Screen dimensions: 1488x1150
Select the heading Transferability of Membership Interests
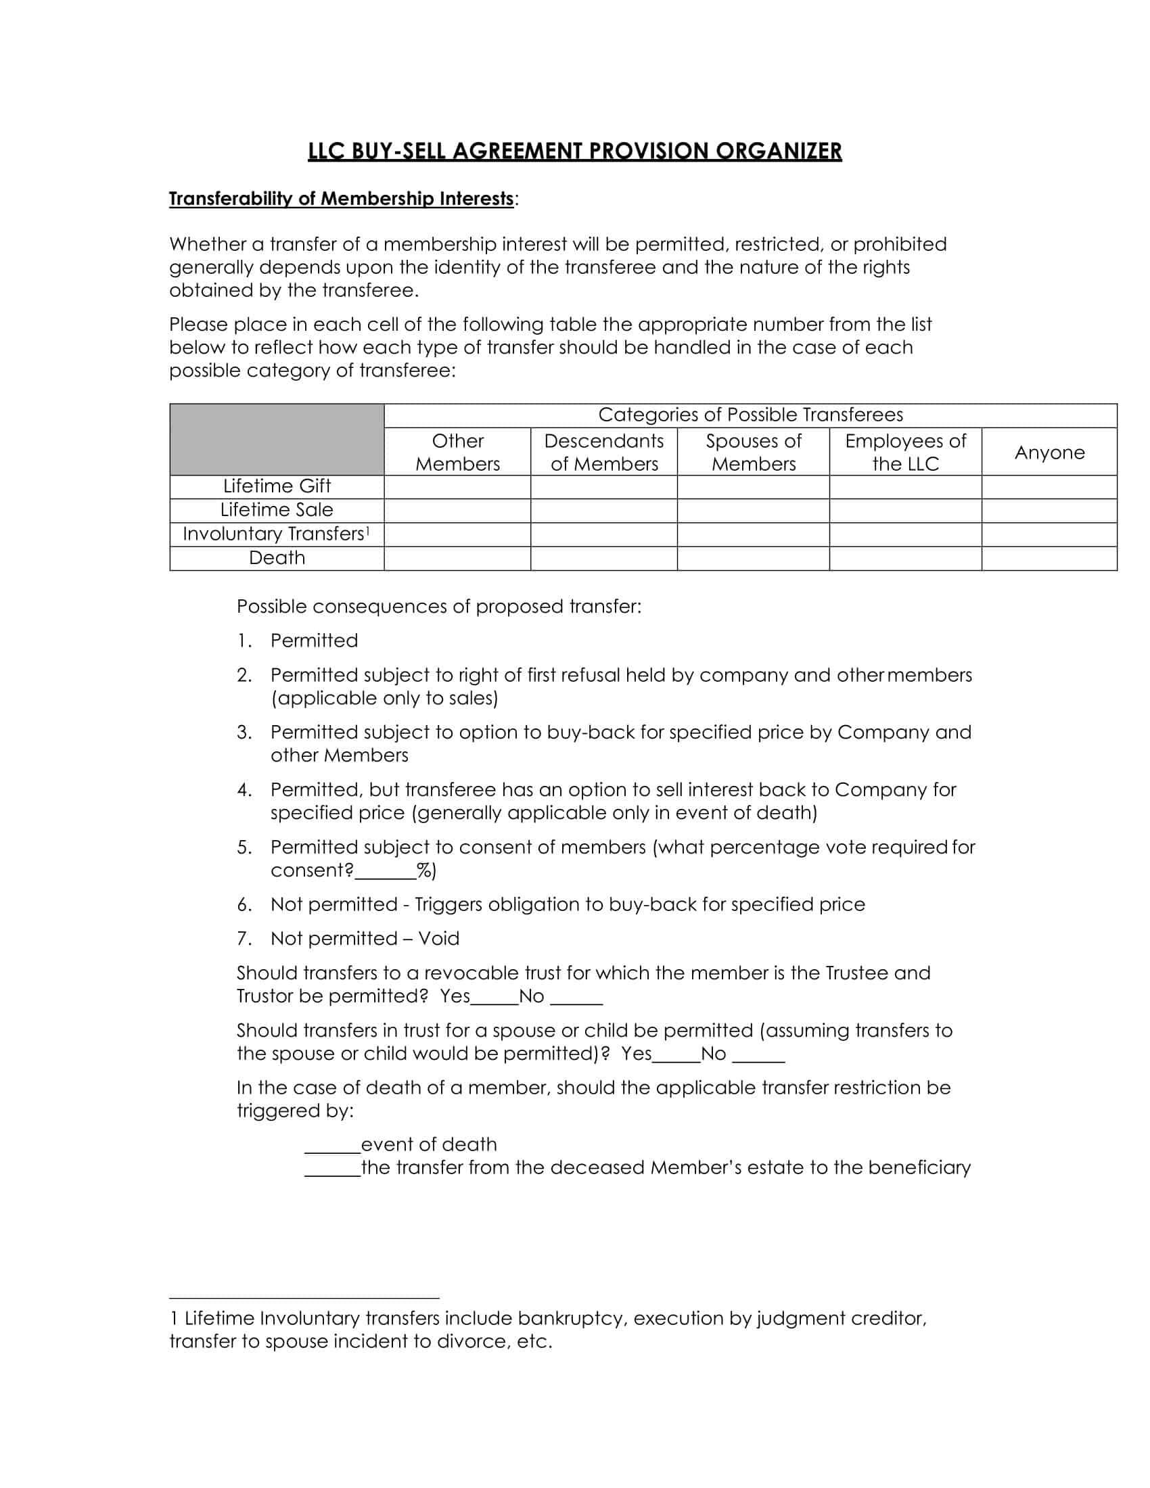[342, 198]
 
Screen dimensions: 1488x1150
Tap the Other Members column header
[457, 452]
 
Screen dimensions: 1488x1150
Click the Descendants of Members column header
[603, 452]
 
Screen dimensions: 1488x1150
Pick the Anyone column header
[1049, 452]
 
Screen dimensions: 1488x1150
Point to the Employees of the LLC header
[905, 452]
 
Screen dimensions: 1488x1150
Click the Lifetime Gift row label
[277, 486]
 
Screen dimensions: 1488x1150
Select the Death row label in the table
[277, 558]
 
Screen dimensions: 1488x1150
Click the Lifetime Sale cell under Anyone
[1049, 510]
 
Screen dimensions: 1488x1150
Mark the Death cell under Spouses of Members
[753, 558]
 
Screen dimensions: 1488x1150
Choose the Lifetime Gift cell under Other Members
[457, 486]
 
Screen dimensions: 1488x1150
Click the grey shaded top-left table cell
[277, 440]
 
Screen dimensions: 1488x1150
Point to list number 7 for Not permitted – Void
[245, 939]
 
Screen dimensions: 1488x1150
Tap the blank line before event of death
[332, 1144]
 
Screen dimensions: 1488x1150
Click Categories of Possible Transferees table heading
[750, 415]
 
